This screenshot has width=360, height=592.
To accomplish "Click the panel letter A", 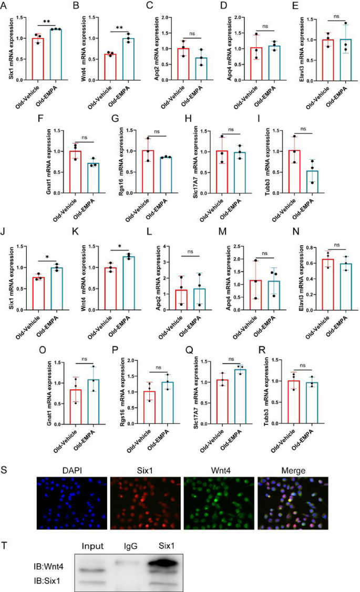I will [x=6, y=7].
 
